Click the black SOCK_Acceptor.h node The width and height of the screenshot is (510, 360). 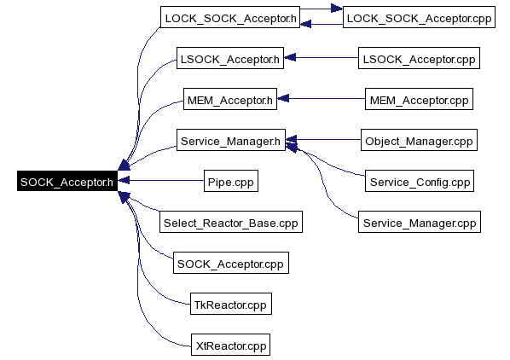pos(67,181)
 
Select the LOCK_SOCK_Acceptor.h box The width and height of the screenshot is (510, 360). pos(230,17)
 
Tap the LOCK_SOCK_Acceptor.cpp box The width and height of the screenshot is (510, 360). pos(419,17)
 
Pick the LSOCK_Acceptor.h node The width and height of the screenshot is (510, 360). pos(230,58)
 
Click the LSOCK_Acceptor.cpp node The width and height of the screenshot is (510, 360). pos(419,58)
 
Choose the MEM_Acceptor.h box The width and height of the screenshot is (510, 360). pos(230,99)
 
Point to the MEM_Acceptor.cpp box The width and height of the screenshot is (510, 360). pos(419,99)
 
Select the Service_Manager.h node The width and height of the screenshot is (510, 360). pos(231,140)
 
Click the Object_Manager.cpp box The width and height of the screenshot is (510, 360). pos(419,140)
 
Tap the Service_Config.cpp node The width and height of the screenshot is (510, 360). pos(420,181)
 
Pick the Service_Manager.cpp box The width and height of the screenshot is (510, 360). pos(420,222)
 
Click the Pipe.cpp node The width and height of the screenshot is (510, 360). pos(231,181)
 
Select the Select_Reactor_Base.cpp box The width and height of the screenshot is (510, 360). pos(231,222)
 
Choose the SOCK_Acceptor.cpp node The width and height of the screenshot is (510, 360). pos(231,263)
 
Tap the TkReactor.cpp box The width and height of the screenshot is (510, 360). pos(231,304)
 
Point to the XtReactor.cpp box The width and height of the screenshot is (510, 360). pos(230,345)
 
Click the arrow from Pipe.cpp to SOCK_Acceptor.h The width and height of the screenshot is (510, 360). pos(160,180)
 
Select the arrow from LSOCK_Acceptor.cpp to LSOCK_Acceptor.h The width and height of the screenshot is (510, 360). pos(321,57)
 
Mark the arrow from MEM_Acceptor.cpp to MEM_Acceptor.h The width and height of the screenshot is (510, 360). pos(321,98)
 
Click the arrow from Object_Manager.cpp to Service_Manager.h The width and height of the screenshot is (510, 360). pos(323,140)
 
